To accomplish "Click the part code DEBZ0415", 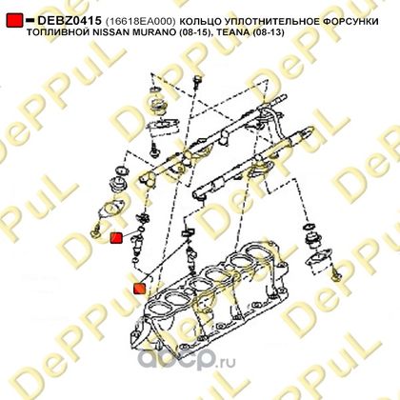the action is click(x=70, y=21).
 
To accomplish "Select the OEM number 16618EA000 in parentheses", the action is click(x=140, y=21).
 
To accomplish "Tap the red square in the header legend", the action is click(x=14, y=20).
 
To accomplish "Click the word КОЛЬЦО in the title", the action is click(x=197, y=21).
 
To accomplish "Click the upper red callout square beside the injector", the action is click(x=116, y=238).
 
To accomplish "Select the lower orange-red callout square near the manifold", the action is click(x=140, y=289).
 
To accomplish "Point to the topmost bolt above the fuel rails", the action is click(x=197, y=81).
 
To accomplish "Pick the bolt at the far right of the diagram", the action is click(x=337, y=275).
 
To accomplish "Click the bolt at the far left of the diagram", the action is click(x=95, y=231).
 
